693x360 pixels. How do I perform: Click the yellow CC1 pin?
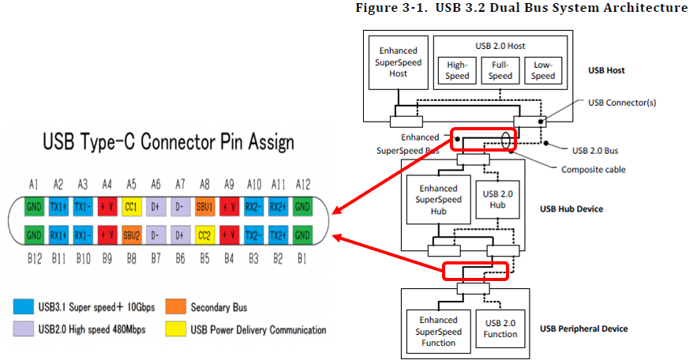(x=132, y=208)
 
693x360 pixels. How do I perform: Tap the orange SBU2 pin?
(x=132, y=235)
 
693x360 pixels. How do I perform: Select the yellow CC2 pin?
(x=204, y=235)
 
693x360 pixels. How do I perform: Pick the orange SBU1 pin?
(x=204, y=208)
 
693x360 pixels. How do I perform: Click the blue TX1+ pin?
(x=58, y=208)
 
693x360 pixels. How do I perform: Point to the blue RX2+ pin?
(x=278, y=208)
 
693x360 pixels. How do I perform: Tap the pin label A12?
(x=302, y=184)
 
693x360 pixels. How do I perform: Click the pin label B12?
(x=34, y=257)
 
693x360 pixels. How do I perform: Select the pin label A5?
(x=132, y=184)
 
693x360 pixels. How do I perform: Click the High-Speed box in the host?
(x=458, y=70)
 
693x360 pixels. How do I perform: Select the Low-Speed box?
(x=542, y=70)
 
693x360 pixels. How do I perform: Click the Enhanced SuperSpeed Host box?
(x=399, y=62)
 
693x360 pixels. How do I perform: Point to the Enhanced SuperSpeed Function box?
(x=438, y=331)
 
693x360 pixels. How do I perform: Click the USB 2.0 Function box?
(x=500, y=328)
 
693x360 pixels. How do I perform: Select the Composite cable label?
(x=588, y=168)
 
